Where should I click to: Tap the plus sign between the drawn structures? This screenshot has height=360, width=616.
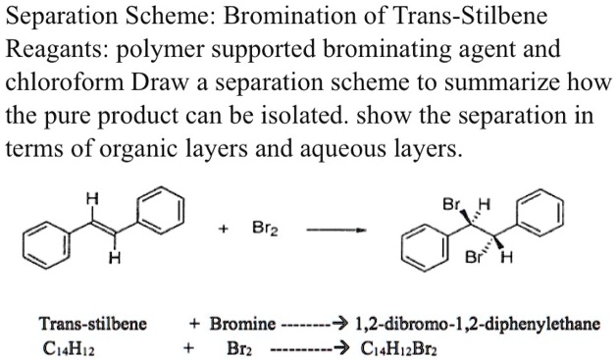pyautogui.click(x=225, y=231)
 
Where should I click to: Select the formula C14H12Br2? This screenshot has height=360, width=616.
pyautogui.click(x=399, y=348)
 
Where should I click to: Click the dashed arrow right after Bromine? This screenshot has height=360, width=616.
pyautogui.click(x=314, y=324)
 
